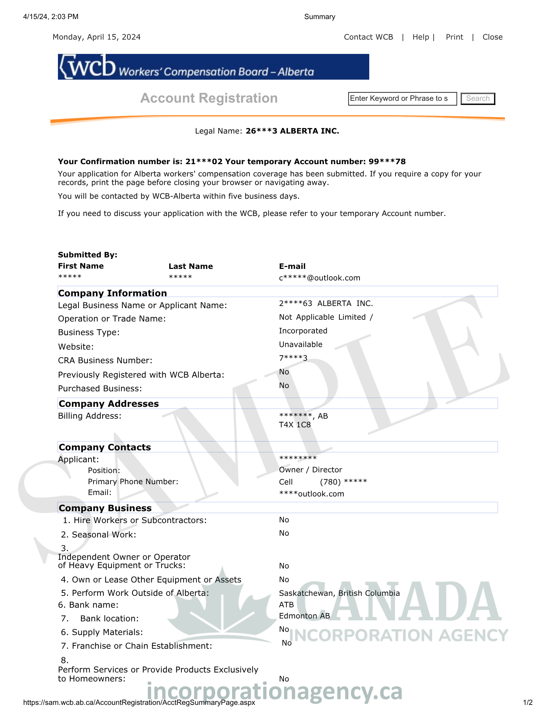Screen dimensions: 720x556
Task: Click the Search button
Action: pos(478,99)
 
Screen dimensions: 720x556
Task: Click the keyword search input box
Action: pos(402,99)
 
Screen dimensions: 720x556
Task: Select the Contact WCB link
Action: pos(368,37)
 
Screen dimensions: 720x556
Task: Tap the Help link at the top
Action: pos(421,37)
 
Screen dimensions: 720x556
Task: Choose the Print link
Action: pos(454,37)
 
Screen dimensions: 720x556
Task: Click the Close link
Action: pos(492,37)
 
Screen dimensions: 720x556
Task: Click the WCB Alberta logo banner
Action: pos(213,67)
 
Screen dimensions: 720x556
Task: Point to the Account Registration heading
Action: pos(209,98)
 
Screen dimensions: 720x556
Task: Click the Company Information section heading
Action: pos(112,293)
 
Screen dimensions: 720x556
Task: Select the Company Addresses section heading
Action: pos(109,404)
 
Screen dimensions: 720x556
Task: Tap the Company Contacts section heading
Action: pos(105,447)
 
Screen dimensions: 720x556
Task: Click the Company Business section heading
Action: pos(105,508)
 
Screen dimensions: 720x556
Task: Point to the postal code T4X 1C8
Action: pos(294,425)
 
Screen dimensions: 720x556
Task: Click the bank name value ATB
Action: pos(286,605)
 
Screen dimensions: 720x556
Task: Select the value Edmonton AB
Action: pos(304,616)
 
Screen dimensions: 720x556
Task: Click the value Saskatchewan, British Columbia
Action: pos(339,593)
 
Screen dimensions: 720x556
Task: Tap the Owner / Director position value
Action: pos(310,470)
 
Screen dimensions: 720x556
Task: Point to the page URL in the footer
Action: pos(139,702)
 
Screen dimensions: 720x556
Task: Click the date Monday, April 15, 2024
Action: pos(96,37)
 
